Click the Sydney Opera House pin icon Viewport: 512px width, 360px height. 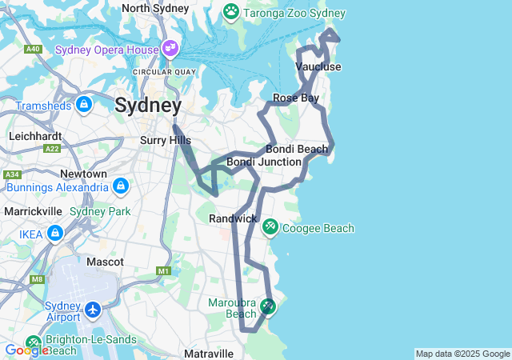coord(170,49)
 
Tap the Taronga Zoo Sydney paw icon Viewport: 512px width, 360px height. coord(231,12)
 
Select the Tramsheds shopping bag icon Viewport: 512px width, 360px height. coord(84,104)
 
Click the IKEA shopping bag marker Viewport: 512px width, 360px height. coord(55,234)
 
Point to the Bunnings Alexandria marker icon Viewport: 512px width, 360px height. coord(121,186)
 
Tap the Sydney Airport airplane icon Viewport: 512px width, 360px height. coord(94,309)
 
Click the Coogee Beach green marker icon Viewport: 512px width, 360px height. coord(270,228)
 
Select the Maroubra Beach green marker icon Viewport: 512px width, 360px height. coord(267,306)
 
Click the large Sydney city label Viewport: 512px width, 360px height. coord(148,105)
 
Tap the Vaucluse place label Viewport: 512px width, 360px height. coord(318,66)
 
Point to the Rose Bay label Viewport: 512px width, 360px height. coord(296,98)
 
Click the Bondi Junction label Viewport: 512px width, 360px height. coord(264,162)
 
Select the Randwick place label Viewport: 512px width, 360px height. coord(233,218)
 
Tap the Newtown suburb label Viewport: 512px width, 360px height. coord(84,174)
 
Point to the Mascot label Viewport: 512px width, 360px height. coord(105,262)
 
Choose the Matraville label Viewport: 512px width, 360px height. coord(209,353)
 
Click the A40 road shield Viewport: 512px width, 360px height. coord(33,50)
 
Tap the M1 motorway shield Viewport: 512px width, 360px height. coord(164,271)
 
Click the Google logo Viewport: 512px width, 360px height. coord(26,350)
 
